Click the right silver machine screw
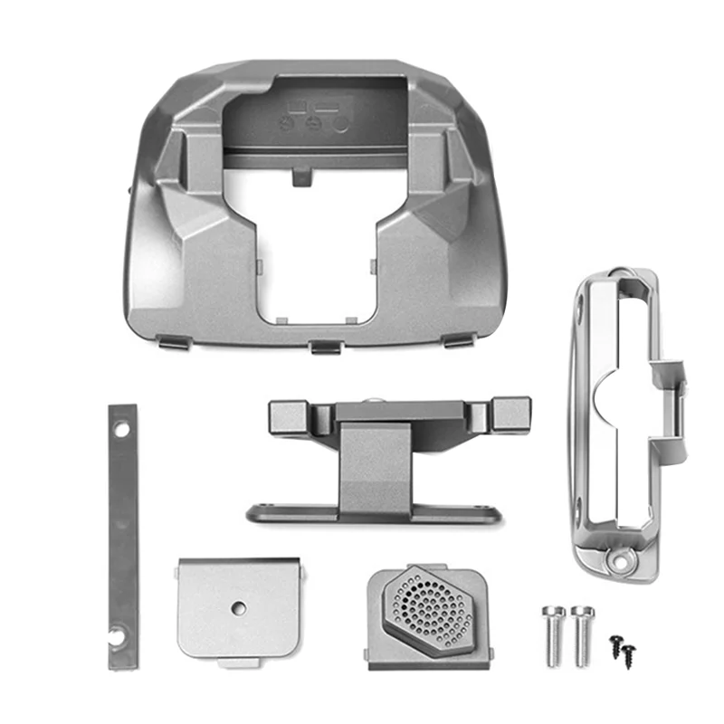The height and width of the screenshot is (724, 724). coord(579,633)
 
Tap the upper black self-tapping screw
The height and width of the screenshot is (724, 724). coord(617,640)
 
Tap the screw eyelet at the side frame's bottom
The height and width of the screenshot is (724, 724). coord(623,560)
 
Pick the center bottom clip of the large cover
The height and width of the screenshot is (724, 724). coord(325,347)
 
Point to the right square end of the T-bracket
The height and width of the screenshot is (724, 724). coord(509,414)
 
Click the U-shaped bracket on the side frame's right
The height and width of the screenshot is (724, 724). coord(672,398)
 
